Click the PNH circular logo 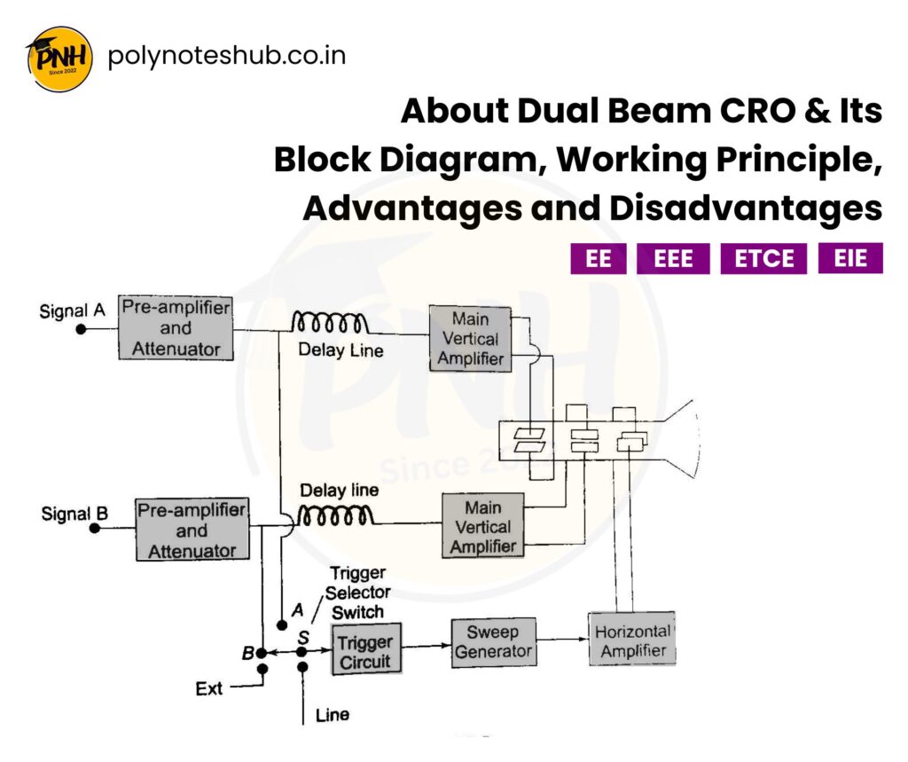(59, 59)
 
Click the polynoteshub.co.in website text (226, 56)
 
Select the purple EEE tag (672, 259)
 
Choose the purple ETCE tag (763, 259)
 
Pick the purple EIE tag (849, 258)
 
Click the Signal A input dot (81, 328)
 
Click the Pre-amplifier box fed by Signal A (176, 328)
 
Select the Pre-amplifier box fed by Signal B (192, 530)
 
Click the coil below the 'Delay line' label (336, 515)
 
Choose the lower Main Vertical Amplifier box (482, 525)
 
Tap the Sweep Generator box (492, 642)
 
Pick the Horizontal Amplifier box (631, 640)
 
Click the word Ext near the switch (209, 687)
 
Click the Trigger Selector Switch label (358, 592)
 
